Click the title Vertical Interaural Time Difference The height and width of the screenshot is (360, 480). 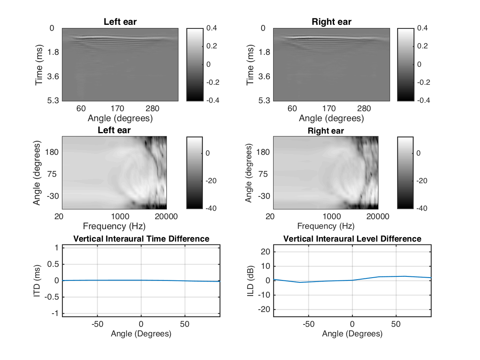(141, 239)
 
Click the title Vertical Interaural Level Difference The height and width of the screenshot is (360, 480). (352, 239)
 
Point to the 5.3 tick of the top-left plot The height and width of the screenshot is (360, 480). (53, 100)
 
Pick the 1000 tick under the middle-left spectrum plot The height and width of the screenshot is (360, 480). (120, 217)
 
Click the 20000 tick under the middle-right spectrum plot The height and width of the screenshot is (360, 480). (378, 217)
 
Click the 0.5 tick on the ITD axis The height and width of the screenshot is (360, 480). (54, 264)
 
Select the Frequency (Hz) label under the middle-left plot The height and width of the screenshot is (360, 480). (114, 226)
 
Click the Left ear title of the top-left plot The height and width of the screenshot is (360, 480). (120, 22)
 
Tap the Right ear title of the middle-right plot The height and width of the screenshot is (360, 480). (326, 131)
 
